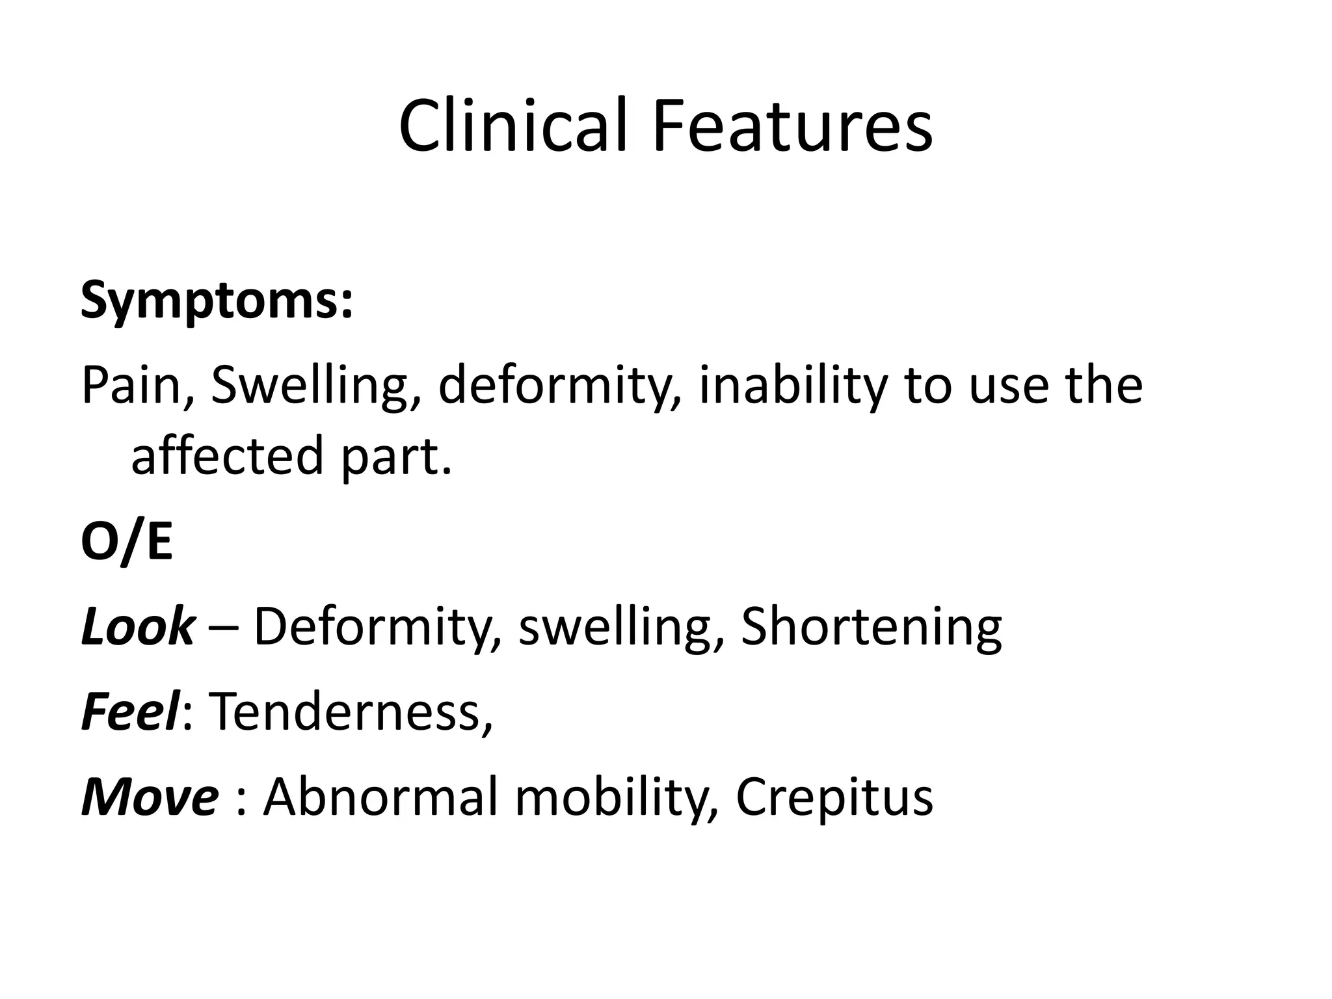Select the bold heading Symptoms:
point(217,300)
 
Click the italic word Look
point(137,626)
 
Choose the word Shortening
point(871,626)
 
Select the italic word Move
point(149,797)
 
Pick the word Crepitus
point(834,797)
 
